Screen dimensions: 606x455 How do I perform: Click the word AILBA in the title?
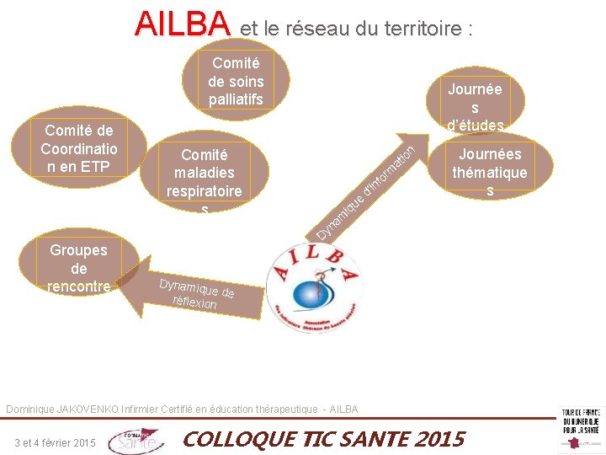coord(182,24)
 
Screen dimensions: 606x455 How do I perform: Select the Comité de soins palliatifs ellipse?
coord(237,82)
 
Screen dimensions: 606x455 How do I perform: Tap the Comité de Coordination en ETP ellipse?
coord(78,148)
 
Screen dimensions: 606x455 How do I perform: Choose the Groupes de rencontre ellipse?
coord(78,267)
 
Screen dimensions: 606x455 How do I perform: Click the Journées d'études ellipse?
coord(475,104)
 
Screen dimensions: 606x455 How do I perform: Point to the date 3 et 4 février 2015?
coord(56,443)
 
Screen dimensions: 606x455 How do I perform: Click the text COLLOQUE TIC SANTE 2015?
coord(323,439)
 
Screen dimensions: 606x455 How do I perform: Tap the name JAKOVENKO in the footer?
coord(88,409)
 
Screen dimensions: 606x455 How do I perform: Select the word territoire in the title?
coord(427,29)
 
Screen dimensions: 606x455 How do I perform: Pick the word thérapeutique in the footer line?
coord(281,409)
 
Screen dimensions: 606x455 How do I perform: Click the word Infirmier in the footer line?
coord(144,409)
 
